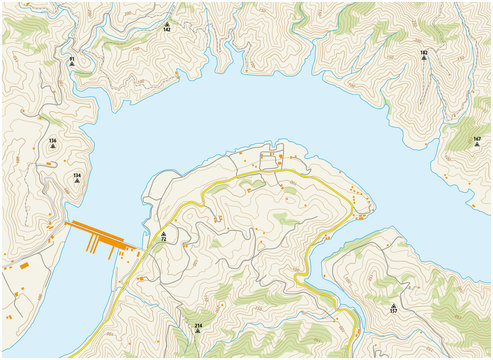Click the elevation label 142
(x=167, y=31)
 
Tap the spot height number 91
(x=72, y=60)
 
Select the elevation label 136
(x=52, y=141)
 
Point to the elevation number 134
(x=76, y=175)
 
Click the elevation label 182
(x=424, y=52)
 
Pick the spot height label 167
(x=477, y=139)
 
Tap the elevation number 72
(x=163, y=241)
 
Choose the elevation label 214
(x=198, y=326)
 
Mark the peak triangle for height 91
(x=72, y=67)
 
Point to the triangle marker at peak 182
(x=424, y=59)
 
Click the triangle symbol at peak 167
(x=477, y=146)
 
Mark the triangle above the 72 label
(x=163, y=233)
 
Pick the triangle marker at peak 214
(x=198, y=318)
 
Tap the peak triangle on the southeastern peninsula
(x=393, y=303)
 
